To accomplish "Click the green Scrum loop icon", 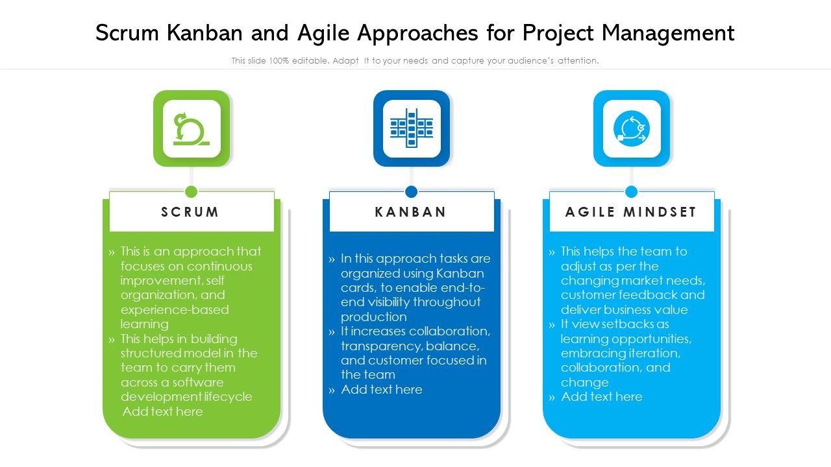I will pyautogui.click(x=191, y=128).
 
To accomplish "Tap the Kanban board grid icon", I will pyautogui.click(x=411, y=128).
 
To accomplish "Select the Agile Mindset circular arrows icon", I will pyautogui.click(x=631, y=128).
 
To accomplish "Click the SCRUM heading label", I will pyautogui.click(x=191, y=212).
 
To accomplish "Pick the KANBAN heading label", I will pyautogui.click(x=411, y=212).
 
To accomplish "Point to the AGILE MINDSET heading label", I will pyautogui.click(x=631, y=212).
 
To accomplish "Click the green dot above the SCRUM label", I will pyautogui.click(x=191, y=191).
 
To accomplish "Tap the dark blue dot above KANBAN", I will pyautogui.click(x=411, y=191).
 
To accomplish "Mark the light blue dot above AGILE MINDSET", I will pyautogui.click(x=631, y=191).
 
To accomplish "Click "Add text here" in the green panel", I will pyautogui.click(x=162, y=411).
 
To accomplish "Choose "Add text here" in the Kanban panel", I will pyautogui.click(x=381, y=389).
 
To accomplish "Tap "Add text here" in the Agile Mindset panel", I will pyautogui.click(x=601, y=396).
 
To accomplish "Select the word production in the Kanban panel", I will pyautogui.click(x=374, y=317).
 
